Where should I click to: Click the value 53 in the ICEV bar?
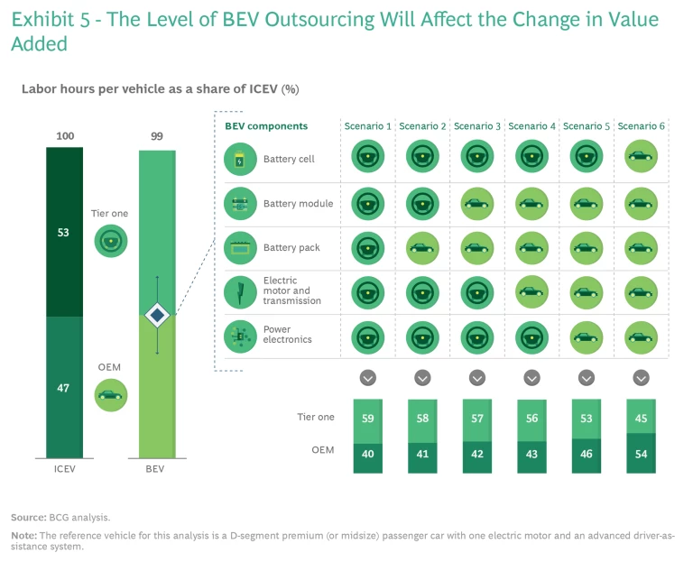click(64, 232)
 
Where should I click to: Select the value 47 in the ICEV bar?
click(64, 387)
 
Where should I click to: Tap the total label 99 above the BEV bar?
click(156, 136)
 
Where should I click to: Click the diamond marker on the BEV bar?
click(157, 315)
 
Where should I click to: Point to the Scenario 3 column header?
click(477, 126)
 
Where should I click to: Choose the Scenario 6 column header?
click(641, 126)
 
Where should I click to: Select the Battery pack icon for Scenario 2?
click(422, 246)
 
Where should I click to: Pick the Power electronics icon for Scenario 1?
click(367, 336)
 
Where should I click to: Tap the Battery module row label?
click(298, 204)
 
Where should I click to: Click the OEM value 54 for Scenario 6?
click(641, 455)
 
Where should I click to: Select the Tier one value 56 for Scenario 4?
click(531, 419)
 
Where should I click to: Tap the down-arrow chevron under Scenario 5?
click(587, 377)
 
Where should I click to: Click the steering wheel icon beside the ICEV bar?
click(111, 239)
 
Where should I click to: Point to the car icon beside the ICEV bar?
click(111, 394)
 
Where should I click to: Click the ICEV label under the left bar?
click(64, 469)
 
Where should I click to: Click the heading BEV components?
click(266, 126)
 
